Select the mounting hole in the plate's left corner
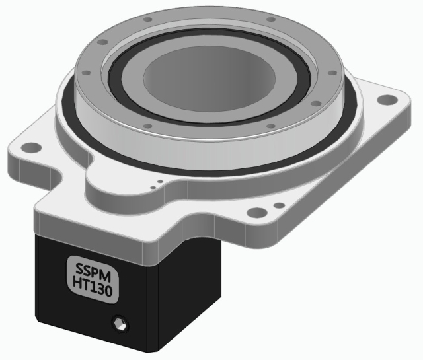coord(28,147)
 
